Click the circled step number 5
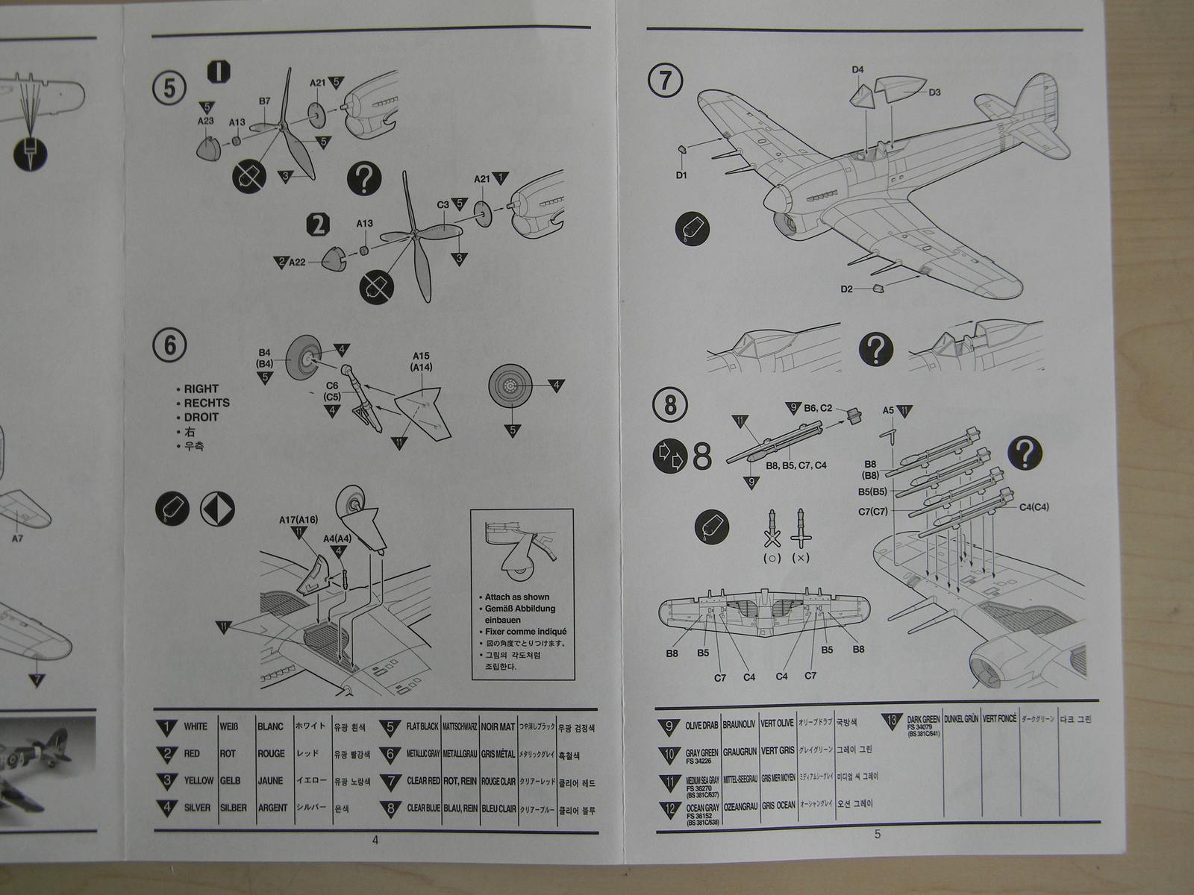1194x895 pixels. (x=169, y=88)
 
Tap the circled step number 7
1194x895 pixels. (x=666, y=81)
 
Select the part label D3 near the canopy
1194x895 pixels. (x=934, y=92)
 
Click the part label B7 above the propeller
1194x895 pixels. (x=264, y=101)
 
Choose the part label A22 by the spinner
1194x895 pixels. (x=298, y=263)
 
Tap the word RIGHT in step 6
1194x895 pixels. (x=201, y=389)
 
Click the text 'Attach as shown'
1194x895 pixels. (x=516, y=597)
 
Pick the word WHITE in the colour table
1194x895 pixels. (x=196, y=726)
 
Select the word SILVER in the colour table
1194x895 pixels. (x=197, y=807)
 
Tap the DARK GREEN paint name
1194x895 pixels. (x=923, y=719)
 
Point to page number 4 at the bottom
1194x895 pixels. (x=375, y=840)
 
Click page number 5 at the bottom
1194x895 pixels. (x=877, y=834)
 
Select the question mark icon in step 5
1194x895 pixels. (x=364, y=179)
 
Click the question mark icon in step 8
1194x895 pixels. (x=1025, y=453)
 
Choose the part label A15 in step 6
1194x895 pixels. (x=421, y=356)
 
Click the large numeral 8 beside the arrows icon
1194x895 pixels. (x=701, y=456)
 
